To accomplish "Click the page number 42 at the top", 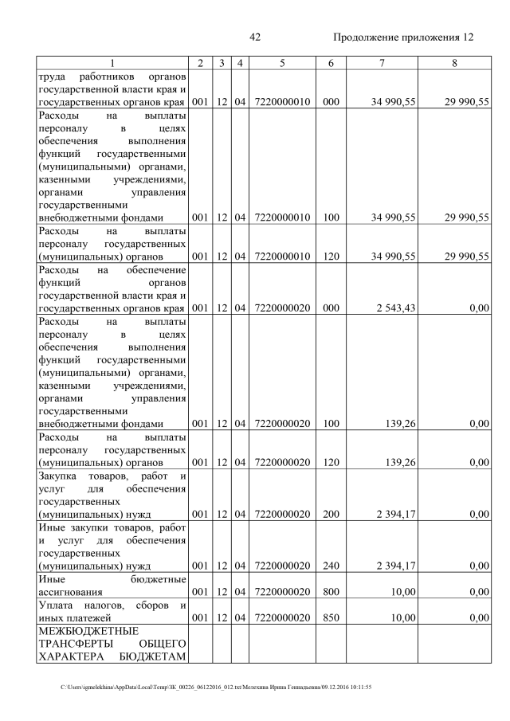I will click(x=255, y=37).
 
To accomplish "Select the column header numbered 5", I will click(x=283, y=62).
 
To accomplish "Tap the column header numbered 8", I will click(x=453, y=62).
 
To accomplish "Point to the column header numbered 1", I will click(x=112, y=62).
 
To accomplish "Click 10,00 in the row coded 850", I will click(x=402, y=617).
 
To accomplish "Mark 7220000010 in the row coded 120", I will click(x=283, y=256).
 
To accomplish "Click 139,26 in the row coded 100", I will click(x=402, y=424).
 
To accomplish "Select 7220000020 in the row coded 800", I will click(x=283, y=592).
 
